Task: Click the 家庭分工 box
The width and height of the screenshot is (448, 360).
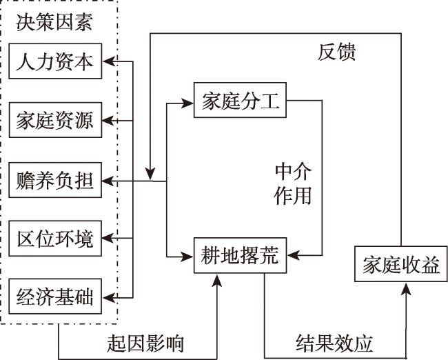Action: point(239,102)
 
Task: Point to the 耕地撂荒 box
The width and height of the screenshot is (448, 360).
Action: point(239,256)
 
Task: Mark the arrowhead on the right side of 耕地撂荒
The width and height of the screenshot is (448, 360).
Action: point(288,256)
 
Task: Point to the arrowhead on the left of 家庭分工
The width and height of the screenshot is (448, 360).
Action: point(188,103)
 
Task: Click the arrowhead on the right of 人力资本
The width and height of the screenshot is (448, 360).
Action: point(109,63)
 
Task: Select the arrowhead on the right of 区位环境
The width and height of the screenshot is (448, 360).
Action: point(109,239)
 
